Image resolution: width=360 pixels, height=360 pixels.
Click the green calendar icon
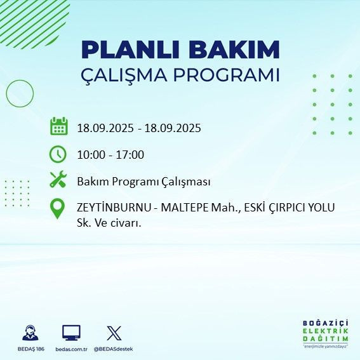click(x=58, y=126)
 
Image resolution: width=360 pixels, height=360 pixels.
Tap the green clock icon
click(x=58, y=154)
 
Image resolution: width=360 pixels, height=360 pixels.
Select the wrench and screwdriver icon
click(x=58, y=180)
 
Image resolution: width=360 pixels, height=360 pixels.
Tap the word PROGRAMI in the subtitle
click(x=231, y=75)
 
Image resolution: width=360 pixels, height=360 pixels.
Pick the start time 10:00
click(x=91, y=155)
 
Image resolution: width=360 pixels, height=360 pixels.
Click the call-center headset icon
click(x=29, y=333)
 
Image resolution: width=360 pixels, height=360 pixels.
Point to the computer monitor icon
click(x=71, y=333)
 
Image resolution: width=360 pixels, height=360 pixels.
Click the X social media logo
click(x=114, y=333)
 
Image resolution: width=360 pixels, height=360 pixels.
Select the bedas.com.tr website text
click(x=71, y=349)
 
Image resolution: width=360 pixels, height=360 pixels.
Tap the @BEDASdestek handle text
click(x=114, y=349)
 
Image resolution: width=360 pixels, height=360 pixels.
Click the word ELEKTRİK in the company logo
click(x=326, y=331)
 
